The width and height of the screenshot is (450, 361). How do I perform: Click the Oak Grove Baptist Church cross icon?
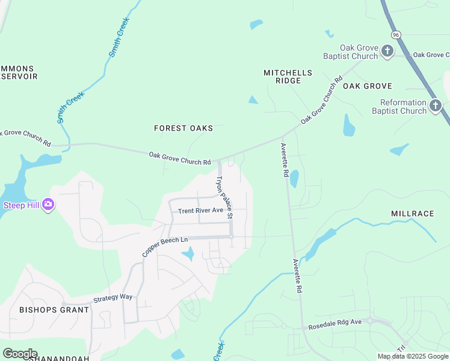[387, 51]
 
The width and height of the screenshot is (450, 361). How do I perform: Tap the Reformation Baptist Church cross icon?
[436, 106]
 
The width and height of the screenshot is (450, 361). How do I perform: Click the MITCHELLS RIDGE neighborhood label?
[288, 76]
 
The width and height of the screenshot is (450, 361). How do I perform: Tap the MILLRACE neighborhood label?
[412, 214]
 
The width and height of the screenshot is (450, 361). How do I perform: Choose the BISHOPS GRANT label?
[54, 310]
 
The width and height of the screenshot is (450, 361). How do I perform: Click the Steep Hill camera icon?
[48, 205]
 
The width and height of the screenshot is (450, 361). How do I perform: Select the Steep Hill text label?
[21, 205]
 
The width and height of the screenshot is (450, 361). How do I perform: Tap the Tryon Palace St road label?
[224, 197]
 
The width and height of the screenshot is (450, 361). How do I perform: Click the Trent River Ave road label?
[200, 211]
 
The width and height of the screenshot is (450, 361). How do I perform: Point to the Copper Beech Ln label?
[165, 247]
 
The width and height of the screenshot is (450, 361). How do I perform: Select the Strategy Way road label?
[112, 298]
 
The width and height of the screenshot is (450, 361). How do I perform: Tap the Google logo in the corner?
[20, 354]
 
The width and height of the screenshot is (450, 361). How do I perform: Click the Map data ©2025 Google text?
[413, 356]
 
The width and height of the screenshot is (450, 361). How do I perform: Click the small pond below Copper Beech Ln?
[188, 255]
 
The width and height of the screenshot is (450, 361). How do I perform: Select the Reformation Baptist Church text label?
[399, 106]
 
